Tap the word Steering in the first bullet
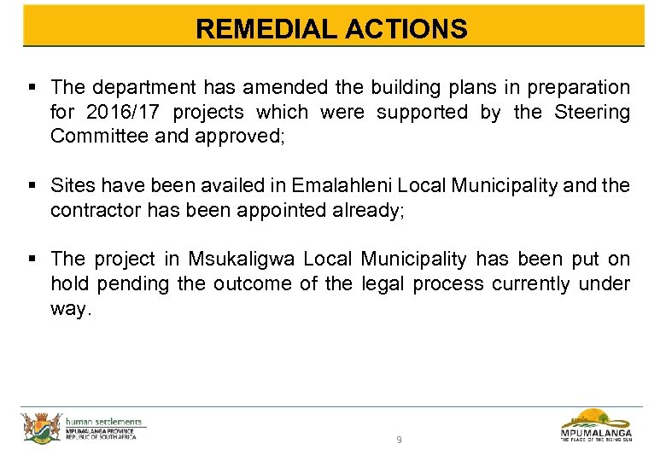pos(593,112)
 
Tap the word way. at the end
pos(70,308)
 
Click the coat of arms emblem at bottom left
pos(40,427)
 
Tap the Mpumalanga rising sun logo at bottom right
pos(596,425)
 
